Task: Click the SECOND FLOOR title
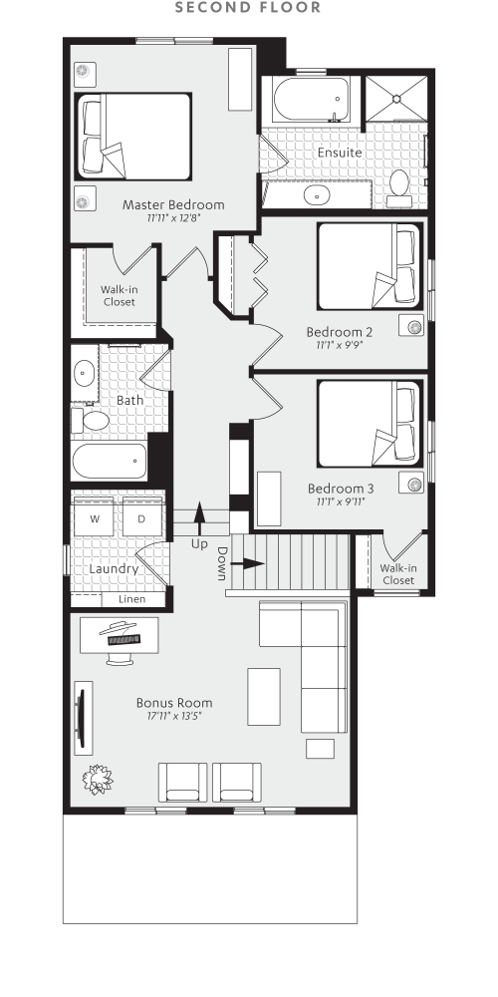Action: [x=248, y=8]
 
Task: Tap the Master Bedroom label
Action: [x=173, y=204]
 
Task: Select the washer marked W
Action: [x=95, y=519]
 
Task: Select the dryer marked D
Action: [x=141, y=519]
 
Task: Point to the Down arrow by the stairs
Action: [x=247, y=563]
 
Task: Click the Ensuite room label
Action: [x=339, y=153]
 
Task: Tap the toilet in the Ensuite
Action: [x=400, y=185]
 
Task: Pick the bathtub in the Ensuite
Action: [x=308, y=100]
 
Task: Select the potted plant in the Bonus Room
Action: [x=98, y=779]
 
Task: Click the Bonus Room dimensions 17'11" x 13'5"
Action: [x=173, y=715]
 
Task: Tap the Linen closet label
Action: [x=132, y=599]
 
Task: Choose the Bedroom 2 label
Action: [x=340, y=332]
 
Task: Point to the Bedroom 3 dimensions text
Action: [x=340, y=501]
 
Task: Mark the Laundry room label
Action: [x=112, y=569]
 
